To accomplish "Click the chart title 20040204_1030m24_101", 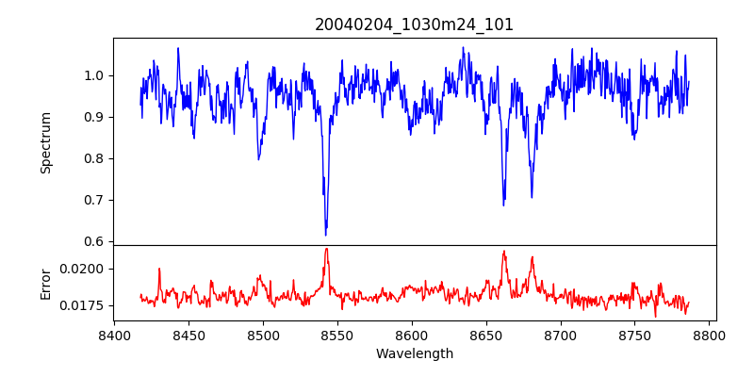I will point(415,25).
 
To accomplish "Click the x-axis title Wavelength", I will point(415,353).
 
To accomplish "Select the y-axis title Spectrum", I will point(45,142).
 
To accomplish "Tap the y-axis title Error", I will point(45,283).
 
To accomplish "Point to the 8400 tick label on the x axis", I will point(114,335).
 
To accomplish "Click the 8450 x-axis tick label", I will point(188,335).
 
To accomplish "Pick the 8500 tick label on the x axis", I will point(263,335).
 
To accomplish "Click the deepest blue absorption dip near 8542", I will point(326,234).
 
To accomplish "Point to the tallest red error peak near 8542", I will point(326,250).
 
